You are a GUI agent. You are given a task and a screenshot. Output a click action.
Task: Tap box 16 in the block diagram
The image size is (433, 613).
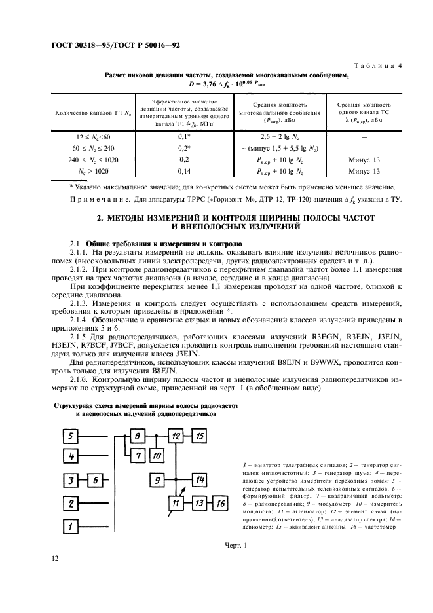[x=221, y=503]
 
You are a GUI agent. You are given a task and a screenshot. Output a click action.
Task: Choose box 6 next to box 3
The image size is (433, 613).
[x=96, y=481]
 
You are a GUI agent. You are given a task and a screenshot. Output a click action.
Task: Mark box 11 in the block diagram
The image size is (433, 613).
[x=176, y=503]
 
